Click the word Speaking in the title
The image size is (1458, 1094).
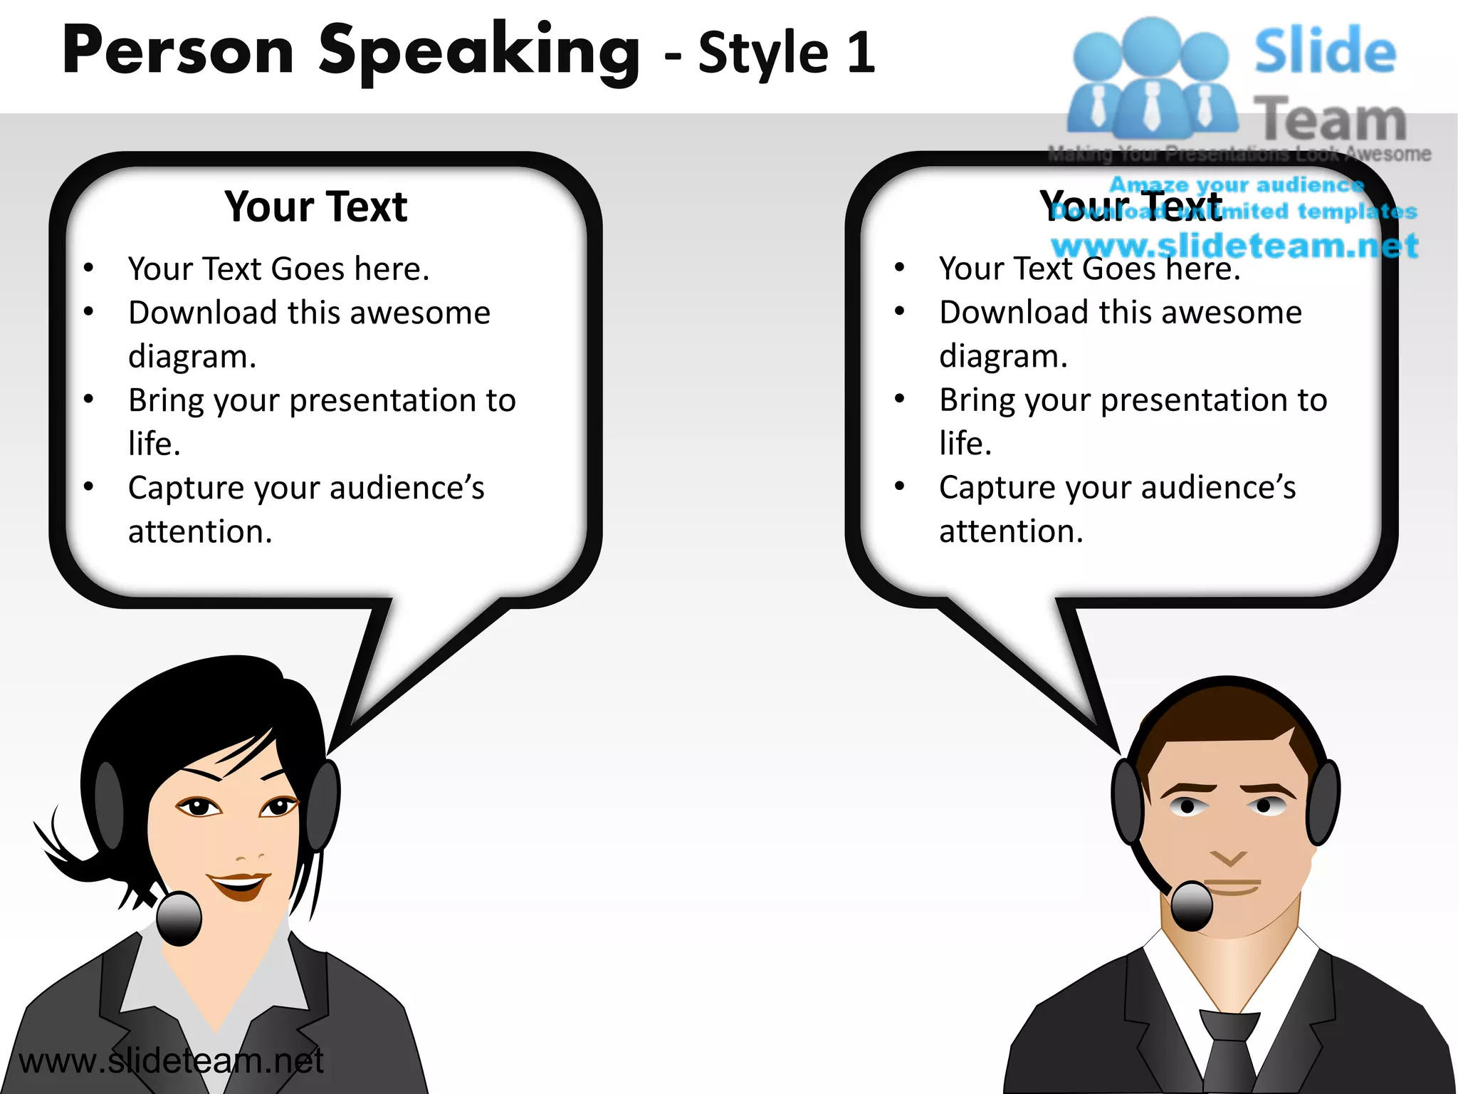pyautogui.click(x=478, y=51)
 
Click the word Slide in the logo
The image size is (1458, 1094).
pyautogui.click(x=1325, y=51)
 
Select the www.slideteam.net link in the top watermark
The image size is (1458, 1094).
pyautogui.click(x=1234, y=246)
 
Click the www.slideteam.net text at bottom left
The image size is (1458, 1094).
pyautogui.click(x=171, y=1061)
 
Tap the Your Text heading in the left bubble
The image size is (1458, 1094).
pyautogui.click(x=315, y=207)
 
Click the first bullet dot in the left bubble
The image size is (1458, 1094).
pyautogui.click(x=88, y=269)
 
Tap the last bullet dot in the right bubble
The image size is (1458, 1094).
pyautogui.click(x=899, y=486)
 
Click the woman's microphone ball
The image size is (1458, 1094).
pyautogui.click(x=179, y=919)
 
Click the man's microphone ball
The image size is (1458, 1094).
pyautogui.click(x=1191, y=905)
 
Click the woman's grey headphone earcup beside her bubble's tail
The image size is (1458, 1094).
pyautogui.click(x=324, y=805)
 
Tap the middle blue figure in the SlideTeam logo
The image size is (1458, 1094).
pyautogui.click(x=1151, y=78)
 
